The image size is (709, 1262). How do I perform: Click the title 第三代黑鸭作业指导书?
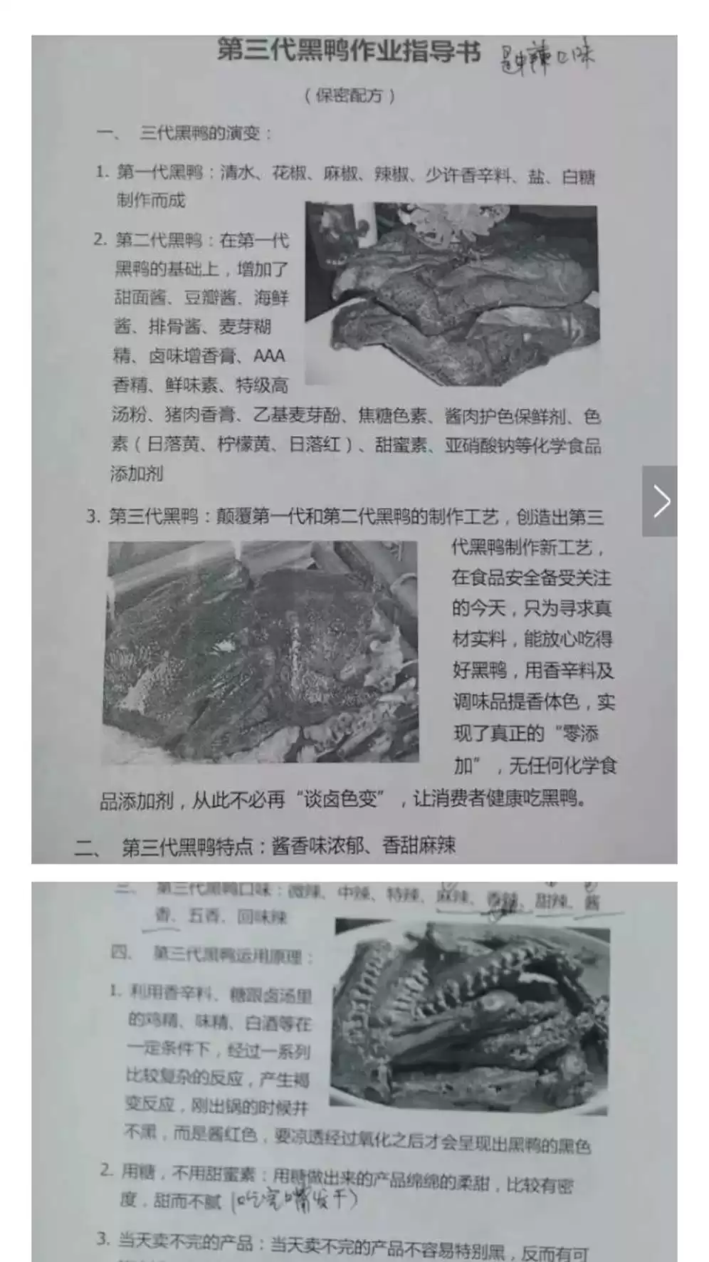coord(348,52)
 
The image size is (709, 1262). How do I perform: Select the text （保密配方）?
coord(349,95)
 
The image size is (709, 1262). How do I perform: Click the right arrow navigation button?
coord(660,501)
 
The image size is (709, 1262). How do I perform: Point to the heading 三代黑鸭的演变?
coord(199,133)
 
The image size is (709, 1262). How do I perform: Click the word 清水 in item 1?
coord(238,173)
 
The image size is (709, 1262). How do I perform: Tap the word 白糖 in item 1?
coord(578,177)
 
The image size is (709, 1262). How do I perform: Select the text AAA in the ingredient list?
coord(269,355)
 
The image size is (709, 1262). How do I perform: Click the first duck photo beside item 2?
coord(451,293)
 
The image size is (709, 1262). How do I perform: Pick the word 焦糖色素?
coord(392,415)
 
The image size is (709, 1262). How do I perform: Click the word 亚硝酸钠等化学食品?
coord(522,446)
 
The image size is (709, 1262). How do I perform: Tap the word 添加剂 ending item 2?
coord(137,474)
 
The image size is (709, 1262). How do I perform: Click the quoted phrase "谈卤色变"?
coord(340,799)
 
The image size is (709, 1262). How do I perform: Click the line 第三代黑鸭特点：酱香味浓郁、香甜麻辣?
coord(288,846)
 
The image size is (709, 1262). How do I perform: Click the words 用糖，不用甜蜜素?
coord(188,1173)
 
